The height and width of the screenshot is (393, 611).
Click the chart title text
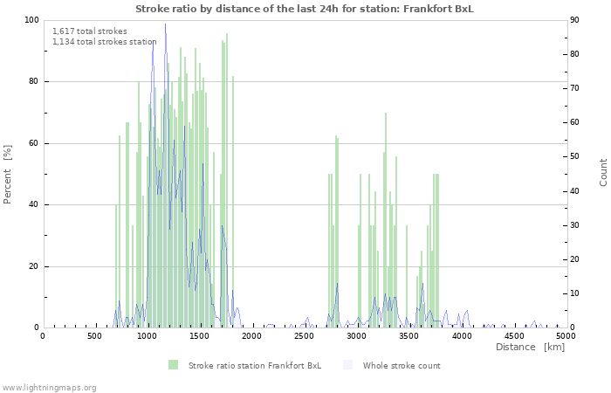coord(305,9)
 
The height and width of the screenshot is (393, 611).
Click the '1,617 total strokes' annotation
coord(90,31)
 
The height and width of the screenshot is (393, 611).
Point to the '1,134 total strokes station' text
coord(105,41)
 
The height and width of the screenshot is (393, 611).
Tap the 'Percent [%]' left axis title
coord(8,175)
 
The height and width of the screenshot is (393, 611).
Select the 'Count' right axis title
coord(603,171)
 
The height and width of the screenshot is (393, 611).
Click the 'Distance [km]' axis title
coord(530,348)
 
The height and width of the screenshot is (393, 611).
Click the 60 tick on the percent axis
coord(34,143)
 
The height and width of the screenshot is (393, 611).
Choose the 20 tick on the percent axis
coord(34,266)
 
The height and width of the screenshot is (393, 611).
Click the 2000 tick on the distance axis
coord(251,335)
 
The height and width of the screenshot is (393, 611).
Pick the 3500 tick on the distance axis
coord(408,335)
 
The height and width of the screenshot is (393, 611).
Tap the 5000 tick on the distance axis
coord(566,335)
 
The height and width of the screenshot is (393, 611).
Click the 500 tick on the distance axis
coord(94,335)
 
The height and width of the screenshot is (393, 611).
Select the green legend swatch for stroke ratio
coord(174,365)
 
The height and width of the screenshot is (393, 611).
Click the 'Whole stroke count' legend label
coord(402,365)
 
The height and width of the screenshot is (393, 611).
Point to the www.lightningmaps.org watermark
coord(49,387)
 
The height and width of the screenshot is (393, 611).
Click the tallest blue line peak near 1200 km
coord(165,25)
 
